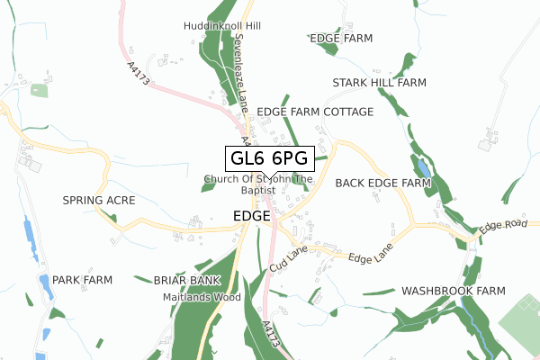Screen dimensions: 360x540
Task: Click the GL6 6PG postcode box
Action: [x=269, y=158]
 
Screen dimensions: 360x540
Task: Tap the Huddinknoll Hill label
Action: [x=221, y=27]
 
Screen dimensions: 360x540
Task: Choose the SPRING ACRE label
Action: [x=98, y=199]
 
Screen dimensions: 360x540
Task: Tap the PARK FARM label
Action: [x=82, y=280]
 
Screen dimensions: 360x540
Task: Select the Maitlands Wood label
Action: [x=202, y=296]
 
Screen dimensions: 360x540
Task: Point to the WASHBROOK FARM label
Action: [x=454, y=292]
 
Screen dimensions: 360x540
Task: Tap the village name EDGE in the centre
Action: [x=251, y=217]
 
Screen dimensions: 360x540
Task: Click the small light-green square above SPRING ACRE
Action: [x=39, y=90]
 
